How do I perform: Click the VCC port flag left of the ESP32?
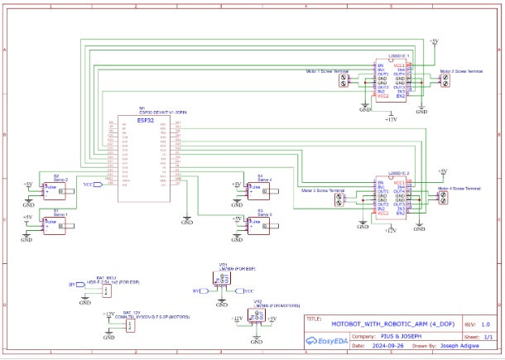click(98, 185)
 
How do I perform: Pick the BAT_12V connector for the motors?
click(130, 325)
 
